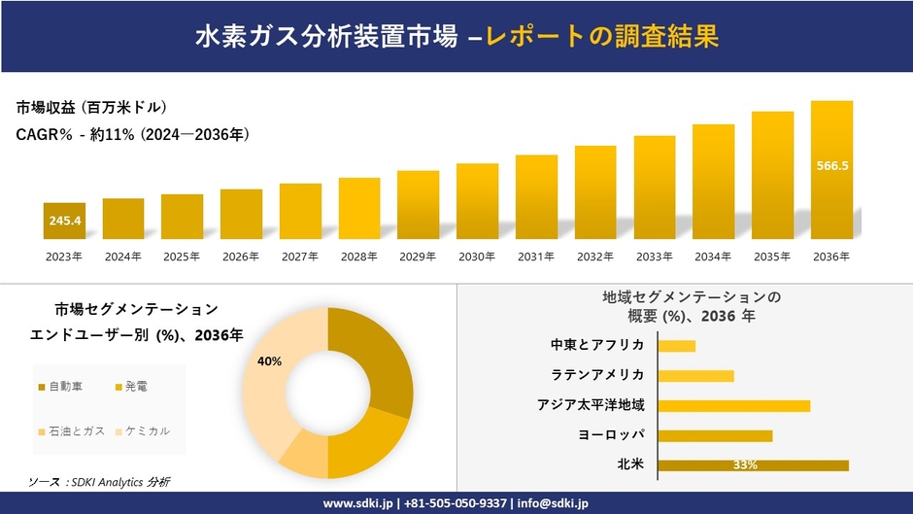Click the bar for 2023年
pyautogui.click(x=64, y=222)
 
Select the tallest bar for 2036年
pyautogui.click(x=831, y=170)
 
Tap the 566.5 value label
pyautogui.click(x=831, y=166)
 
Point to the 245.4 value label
pyautogui.click(x=64, y=222)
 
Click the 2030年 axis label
pyautogui.click(x=477, y=257)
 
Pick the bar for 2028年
pyautogui.click(x=358, y=208)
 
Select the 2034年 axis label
pyautogui.click(x=713, y=257)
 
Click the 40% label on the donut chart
pyautogui.click(x=269, y=361)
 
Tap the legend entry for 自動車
pyautogui.click(x=65, y=387)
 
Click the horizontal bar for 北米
pyautogui.click(x=753, y=465)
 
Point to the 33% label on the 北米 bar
pyautogui.click(x=745, y=465)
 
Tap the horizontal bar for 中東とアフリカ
pyautogui.click(x=676, y=346)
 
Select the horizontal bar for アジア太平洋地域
pyautogui.click(x=733, y=405)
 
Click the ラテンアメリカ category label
pyautogui.click(x=597, y=375)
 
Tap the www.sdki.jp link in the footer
pyautogui.click(x=357, y=503)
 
